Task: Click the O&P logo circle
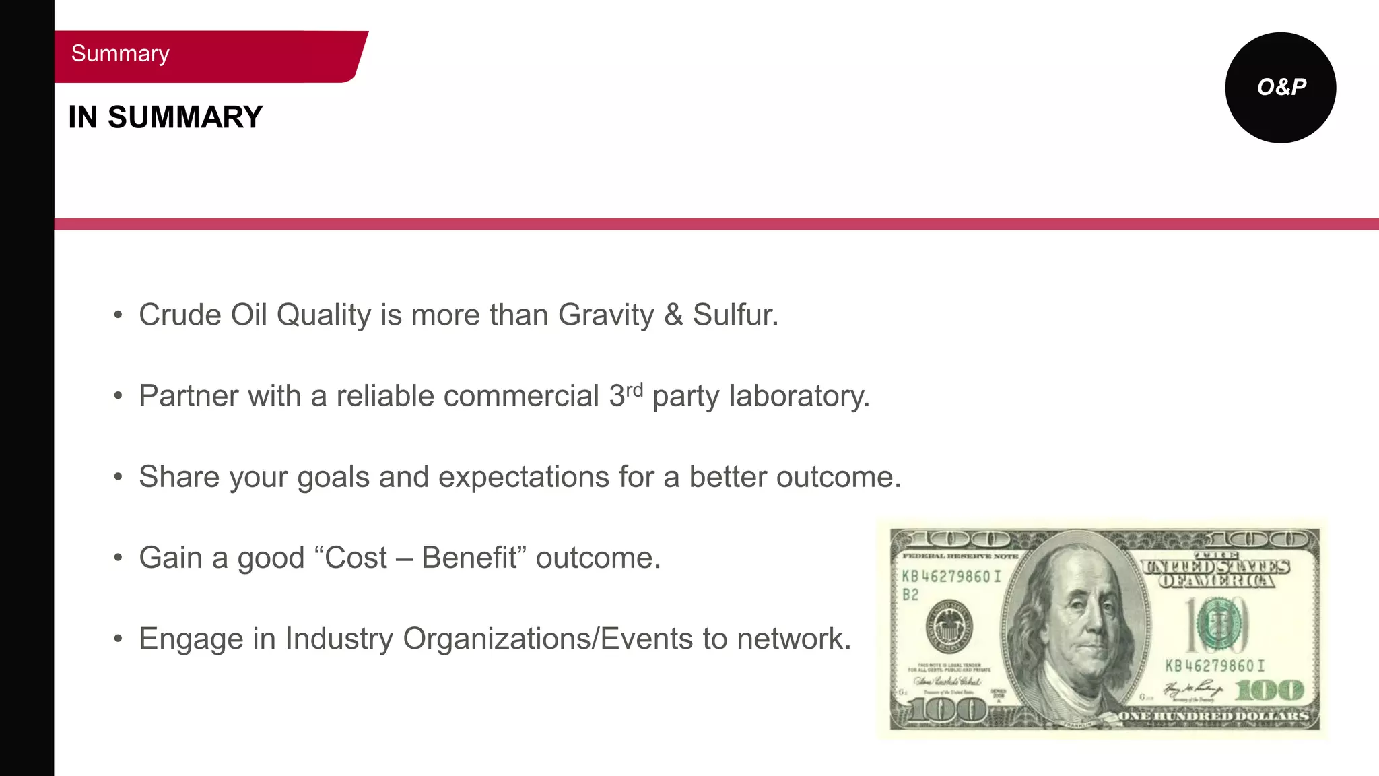[1280, 88]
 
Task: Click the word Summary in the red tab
[120, 54]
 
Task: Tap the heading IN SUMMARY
[165, 117]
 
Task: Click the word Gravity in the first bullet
[605, 315]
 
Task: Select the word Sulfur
[735, 315]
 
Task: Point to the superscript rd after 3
[634, 390]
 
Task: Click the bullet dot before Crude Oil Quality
[118, 315]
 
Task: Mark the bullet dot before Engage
[118, 639]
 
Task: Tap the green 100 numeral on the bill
[1269, 690]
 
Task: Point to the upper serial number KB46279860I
[951, 577]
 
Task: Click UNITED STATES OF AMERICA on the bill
[1216, 573]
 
